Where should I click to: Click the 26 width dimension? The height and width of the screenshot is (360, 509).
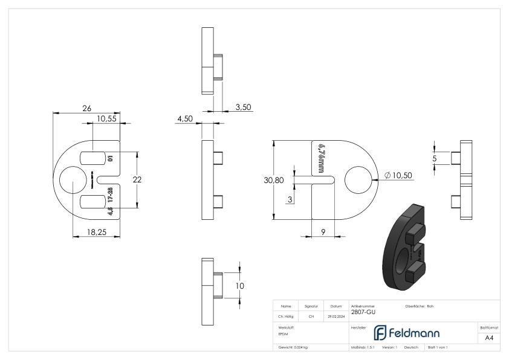[86, 108]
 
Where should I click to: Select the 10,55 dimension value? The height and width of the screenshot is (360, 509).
[106, 119]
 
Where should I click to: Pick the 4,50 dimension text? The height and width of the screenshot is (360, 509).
[184, 119]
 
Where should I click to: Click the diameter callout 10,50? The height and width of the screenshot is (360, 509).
[400, 175]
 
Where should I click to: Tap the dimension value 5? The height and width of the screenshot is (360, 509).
[435, 158]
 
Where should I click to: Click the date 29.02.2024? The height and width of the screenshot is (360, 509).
[336, 316]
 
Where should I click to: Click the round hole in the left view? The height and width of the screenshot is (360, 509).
[72, 180]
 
